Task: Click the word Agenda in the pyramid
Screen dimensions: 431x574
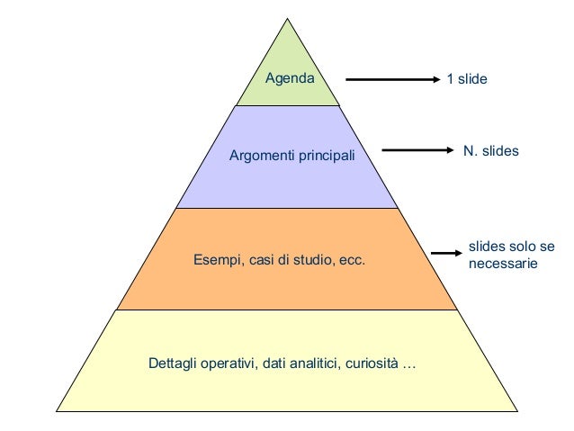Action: (x=289, y=78)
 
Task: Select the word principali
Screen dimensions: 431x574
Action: (x=325, y=157)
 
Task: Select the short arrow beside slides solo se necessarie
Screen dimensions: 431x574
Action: (x=446, y=254)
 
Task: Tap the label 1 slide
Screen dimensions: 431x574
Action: (x=467, y=79)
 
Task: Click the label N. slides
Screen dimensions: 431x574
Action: (x=490, y=150)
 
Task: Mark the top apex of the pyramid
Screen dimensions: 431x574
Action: (x=288, y=19)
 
